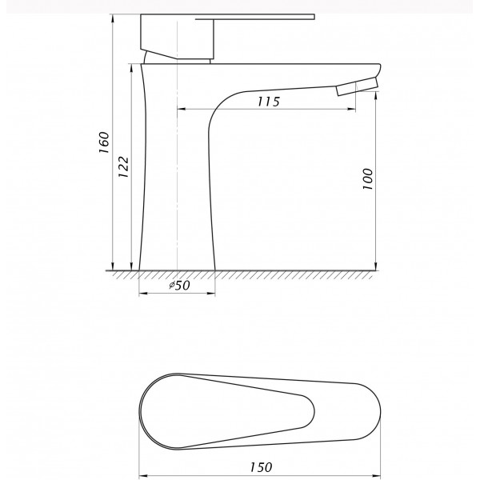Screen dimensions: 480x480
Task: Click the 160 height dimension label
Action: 104,142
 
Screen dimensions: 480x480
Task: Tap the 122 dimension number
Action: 124,167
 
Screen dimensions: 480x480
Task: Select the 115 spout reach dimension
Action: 269,102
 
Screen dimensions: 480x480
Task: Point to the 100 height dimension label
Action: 368,179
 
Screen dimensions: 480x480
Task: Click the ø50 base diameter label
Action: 180,286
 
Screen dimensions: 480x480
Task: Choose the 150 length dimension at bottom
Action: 261,467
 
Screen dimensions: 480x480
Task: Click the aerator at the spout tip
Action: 357,86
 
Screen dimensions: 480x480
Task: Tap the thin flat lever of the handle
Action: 255,18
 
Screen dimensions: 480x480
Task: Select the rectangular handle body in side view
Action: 178,36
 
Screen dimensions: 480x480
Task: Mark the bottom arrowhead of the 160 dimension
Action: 113,266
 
